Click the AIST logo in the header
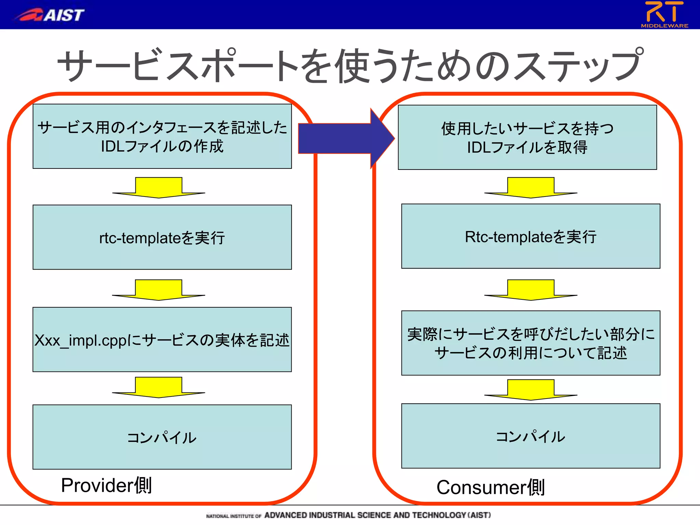[50, 15]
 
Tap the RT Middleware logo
[664, 14]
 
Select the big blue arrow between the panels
[345, 138]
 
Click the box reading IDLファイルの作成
[162, 136]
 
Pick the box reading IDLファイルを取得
[527, 137]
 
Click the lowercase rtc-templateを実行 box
[162, 237]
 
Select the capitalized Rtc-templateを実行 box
[530, 236]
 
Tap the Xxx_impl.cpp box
[162, 339]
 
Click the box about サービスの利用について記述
[530, 343]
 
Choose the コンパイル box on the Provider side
[162, 437]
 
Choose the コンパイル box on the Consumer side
[530, 436]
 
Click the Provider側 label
[106, 485]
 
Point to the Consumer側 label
[490, 487]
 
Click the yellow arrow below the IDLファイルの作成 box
[159, 187]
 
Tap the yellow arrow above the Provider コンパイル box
[159, 387]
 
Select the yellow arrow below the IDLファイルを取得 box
[530, 187]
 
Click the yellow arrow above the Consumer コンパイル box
[530, 390]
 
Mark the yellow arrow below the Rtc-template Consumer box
[530, 290]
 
